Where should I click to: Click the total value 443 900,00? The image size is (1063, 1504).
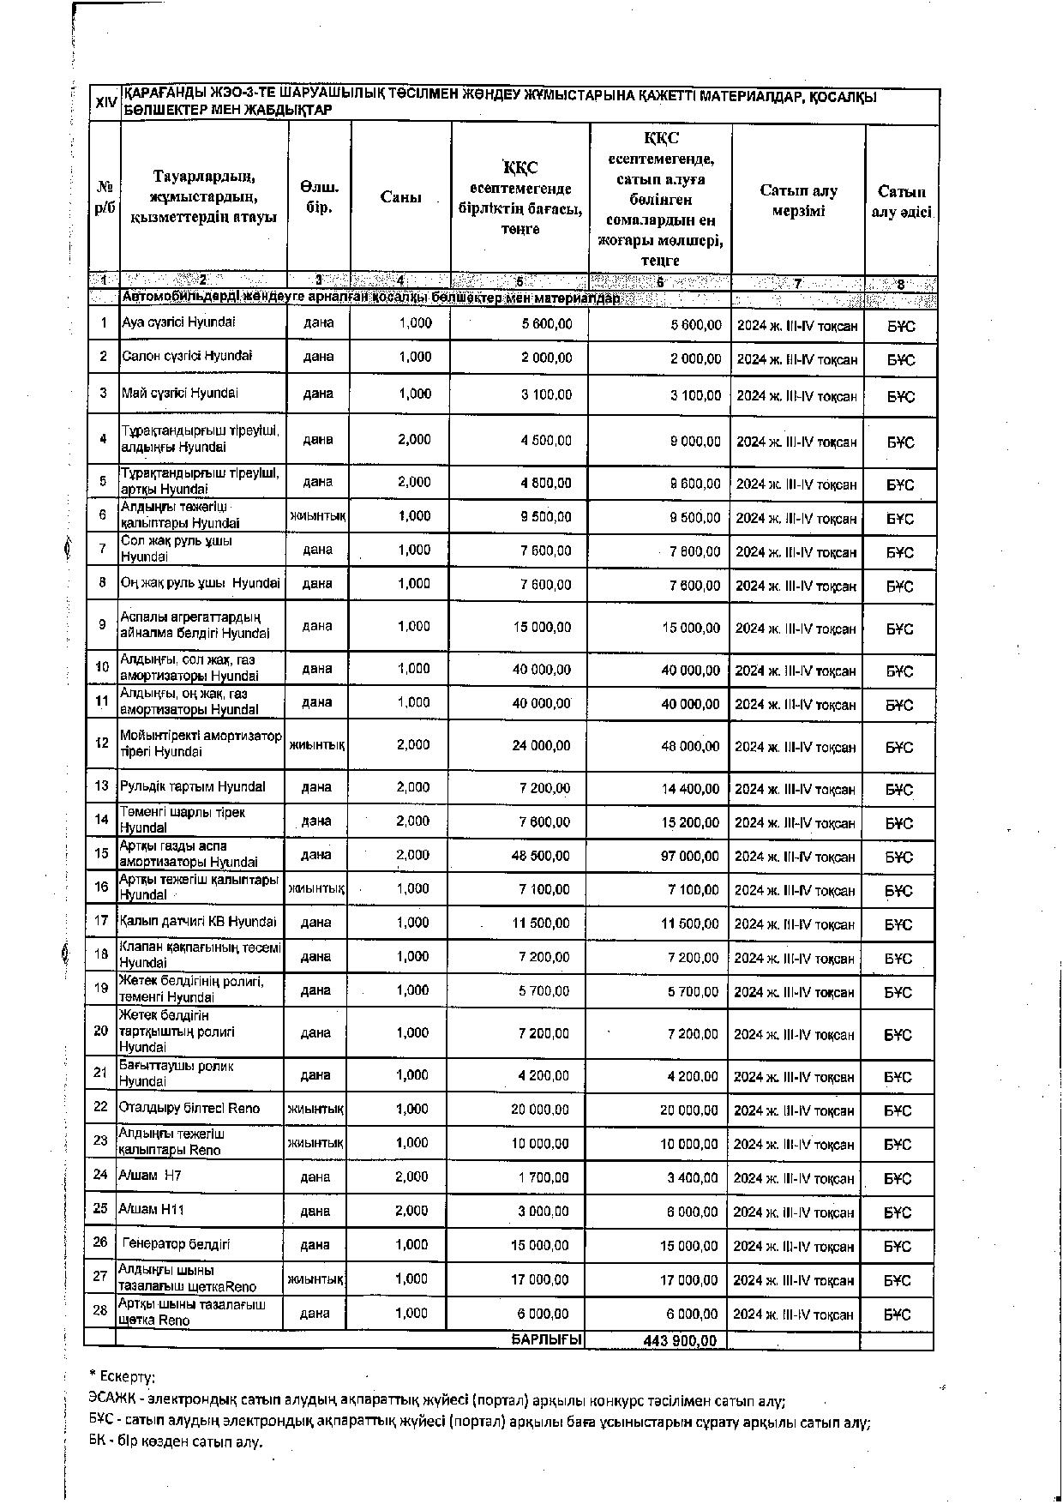[680, 1340]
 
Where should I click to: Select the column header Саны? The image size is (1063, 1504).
[400, 197]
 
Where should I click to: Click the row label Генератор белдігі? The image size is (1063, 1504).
[176, 1243]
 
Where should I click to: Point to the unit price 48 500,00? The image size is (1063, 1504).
[541, 856]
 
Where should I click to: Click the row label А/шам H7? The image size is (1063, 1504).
[150, 1176]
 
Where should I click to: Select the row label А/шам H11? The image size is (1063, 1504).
[152, 1209]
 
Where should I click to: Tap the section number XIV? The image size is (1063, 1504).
[105, 103]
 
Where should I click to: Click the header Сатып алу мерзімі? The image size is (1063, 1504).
[798, 201]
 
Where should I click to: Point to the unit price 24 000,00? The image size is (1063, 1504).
[542, 746]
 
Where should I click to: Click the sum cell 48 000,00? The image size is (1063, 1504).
[691, 746]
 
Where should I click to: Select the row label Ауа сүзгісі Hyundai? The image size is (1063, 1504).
[178, 322]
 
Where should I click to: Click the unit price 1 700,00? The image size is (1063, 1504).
[543, 1178]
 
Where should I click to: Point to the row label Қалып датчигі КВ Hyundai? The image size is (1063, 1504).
[198, 922]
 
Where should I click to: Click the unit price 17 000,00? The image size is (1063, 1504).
[540, 1279]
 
